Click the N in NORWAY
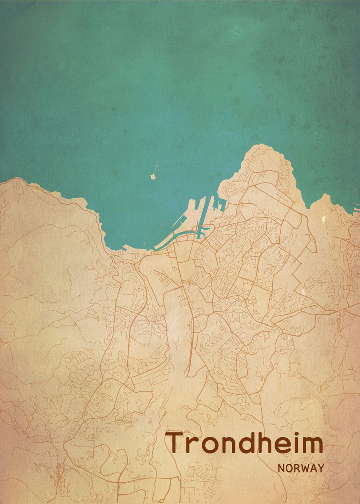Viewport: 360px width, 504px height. point(281,468)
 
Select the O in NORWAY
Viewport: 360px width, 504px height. point(289,468)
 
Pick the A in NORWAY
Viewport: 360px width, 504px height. point(313,468)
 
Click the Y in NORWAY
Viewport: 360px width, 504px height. point(321,468)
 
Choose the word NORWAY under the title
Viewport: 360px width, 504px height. point(301,468)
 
